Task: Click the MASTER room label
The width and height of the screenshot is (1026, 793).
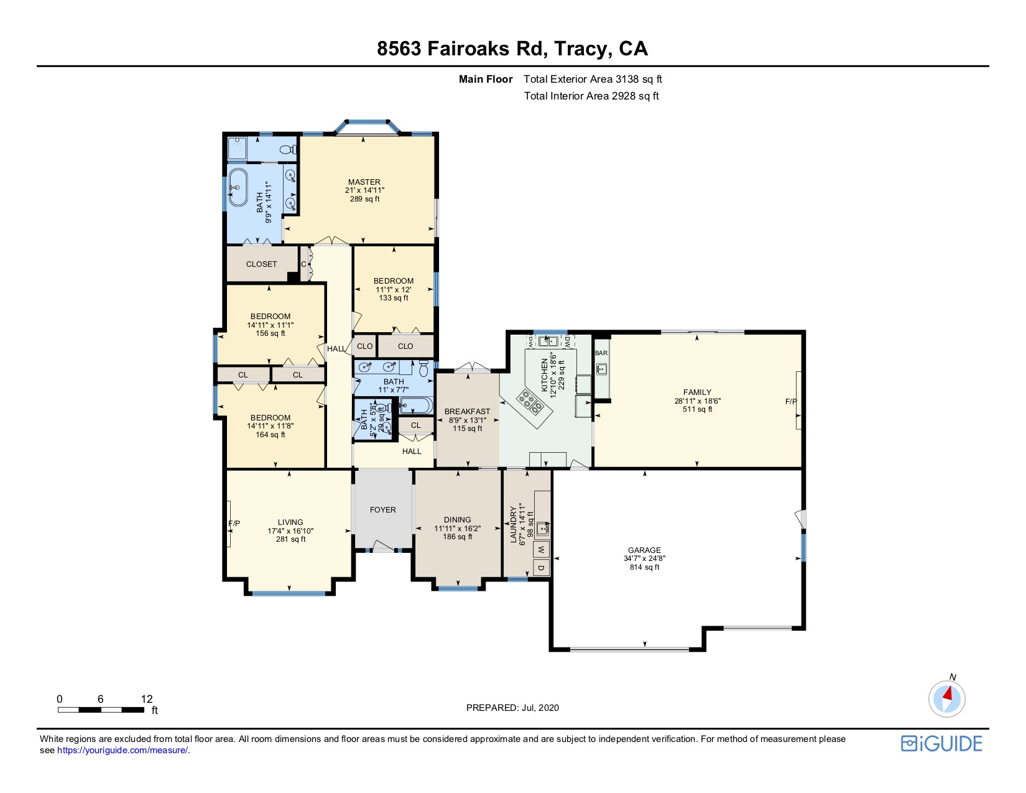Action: [x=364, y=182]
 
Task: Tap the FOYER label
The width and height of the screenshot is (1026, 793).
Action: [x=383, y=509]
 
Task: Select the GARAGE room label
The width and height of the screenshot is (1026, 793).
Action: [x=644, y=550]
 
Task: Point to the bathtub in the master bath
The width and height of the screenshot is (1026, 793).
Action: [x=238, y=187]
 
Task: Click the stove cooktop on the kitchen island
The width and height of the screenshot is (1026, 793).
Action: [x=530, y=402]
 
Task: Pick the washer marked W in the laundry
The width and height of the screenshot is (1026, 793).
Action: [x=542, y=549]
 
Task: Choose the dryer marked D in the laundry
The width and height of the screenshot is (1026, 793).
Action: [x=542, y=568]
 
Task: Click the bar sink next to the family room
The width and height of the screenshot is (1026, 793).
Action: [x=601, y=369]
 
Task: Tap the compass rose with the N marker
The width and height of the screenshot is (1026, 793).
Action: [x=946, y=698]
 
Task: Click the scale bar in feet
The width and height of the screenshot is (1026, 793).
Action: [x=101, y=710]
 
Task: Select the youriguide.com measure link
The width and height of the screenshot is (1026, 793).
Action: [x=122, y=751]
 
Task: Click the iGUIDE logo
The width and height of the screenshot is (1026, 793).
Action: [x=941, y=743]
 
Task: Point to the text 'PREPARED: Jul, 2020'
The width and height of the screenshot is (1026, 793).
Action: [x=512, y=708]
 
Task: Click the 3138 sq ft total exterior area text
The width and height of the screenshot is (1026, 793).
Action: [x=593, y=79]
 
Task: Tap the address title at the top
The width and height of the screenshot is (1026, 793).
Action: [x=512, y=48]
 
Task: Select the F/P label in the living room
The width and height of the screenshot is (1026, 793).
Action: [x=234, y=523]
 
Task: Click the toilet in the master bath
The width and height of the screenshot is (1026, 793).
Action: [x=287, y=150]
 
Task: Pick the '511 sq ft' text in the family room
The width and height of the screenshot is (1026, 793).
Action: [x=698, y=409]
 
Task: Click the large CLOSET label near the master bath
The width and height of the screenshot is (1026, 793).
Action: [x=262, y=264]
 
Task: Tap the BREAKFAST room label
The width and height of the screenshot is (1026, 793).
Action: [x=468, y=411]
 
